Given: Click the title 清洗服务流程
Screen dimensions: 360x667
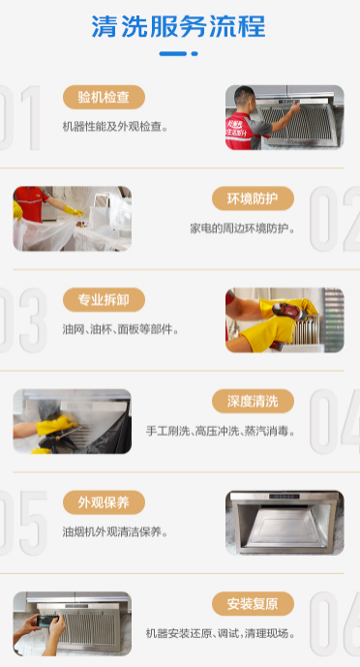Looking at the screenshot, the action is (178, 26).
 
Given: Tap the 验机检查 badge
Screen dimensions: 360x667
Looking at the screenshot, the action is (105, 97).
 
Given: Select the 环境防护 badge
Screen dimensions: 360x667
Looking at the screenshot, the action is (253, 198).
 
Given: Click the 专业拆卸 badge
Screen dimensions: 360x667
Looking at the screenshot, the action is (105, 299).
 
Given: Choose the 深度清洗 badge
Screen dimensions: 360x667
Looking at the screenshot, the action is (253, 401).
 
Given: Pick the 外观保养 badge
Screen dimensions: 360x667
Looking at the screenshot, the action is (105, 502).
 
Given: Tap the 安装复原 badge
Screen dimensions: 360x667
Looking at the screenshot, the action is (253, 604).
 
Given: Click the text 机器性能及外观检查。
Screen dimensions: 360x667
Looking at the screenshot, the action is (115, 127).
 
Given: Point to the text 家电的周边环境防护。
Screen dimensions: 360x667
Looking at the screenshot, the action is (243, 228).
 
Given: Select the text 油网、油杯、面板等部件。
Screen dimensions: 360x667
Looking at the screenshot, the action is (121, 330).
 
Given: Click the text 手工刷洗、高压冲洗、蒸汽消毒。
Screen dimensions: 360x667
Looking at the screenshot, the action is (221, 432).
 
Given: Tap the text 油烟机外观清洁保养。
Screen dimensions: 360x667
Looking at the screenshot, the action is (115, 532).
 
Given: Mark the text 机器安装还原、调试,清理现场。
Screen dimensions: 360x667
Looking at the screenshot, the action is (221, 634).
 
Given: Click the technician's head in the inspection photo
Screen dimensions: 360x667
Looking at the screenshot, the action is (245, 99).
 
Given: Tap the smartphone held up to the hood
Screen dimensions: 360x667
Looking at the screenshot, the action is (47, 621).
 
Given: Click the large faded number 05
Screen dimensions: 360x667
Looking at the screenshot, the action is (22, 523).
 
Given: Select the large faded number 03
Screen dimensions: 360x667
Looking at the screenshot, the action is (22, 320).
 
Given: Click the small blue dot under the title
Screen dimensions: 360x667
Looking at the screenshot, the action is (195, 53).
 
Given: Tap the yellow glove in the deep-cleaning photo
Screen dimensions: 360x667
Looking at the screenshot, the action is (55, 425).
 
